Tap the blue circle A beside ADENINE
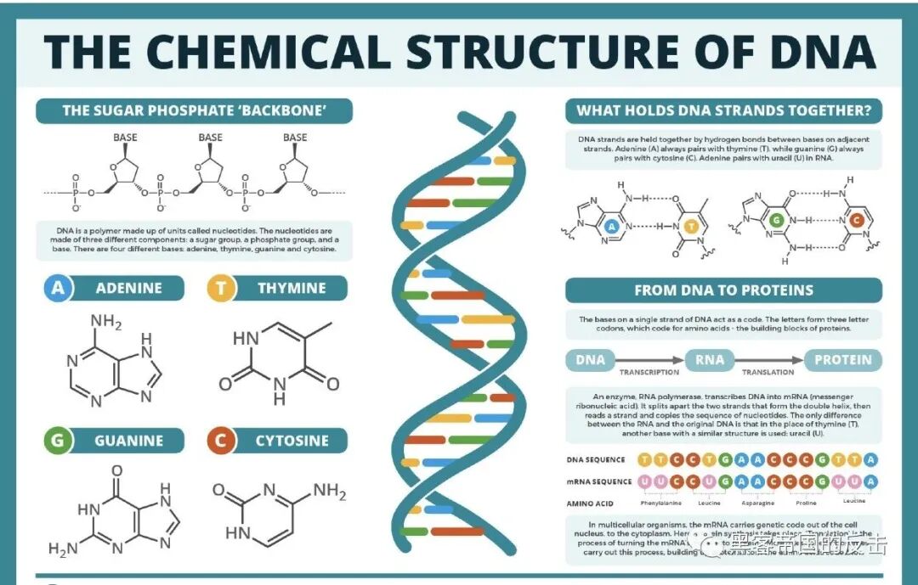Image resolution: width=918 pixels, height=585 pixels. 58,289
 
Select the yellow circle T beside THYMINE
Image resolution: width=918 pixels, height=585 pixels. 220,289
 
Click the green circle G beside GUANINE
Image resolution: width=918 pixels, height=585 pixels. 58,441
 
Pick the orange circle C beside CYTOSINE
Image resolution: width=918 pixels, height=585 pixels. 220,441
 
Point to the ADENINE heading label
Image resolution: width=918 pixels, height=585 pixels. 127,289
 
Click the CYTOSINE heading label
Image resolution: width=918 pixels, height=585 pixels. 292,441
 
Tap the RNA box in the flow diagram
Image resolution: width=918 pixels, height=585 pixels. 710,359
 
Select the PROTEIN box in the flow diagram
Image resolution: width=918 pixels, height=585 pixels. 842,359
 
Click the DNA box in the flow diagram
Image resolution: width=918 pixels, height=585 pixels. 590,359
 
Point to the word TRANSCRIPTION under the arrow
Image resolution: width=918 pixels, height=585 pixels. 649,373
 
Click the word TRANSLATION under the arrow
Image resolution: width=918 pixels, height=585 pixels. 768,373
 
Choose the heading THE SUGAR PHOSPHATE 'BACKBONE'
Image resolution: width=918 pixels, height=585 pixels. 195,111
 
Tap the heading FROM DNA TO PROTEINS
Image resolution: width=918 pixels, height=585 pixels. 723,290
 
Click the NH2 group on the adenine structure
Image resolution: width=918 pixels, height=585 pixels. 107,323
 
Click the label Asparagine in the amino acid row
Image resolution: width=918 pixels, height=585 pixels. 757,502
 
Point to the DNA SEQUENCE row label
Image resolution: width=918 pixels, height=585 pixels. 596,459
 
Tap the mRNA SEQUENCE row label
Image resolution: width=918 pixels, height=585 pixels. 599,481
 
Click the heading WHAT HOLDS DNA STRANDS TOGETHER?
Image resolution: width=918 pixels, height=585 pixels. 723,111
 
